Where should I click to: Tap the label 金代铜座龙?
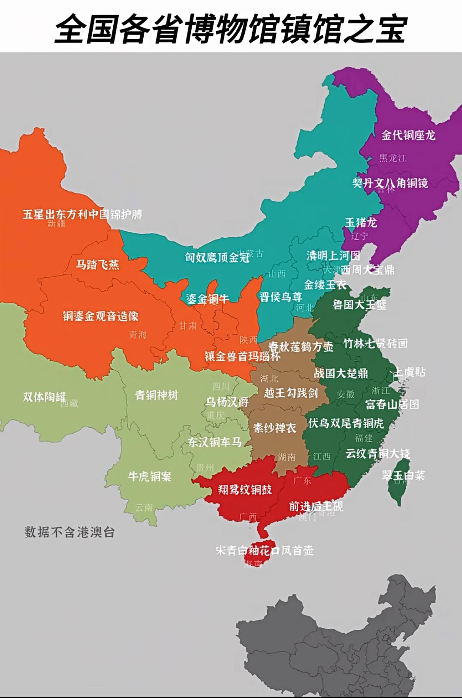point(408,135)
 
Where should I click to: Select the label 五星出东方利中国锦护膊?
point(82,214)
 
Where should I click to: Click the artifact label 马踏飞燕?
point(97,264)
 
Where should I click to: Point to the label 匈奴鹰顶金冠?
point(217,258)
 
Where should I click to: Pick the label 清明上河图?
point(333,256)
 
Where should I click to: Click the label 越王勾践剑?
point(291,393)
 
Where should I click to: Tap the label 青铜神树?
point(156,395)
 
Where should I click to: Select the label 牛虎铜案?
point(149,476)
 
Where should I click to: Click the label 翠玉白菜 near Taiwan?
point(403,475)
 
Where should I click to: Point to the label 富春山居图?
point(392,404)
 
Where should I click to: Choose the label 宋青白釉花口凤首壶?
point(264,551)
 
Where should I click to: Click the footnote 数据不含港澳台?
point(70,532)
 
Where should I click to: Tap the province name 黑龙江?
point(393,158)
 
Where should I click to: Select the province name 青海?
point(138,335)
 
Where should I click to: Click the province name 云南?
point(144,507)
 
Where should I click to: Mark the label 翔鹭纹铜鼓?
point(245,490)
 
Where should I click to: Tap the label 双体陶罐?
point(44,396)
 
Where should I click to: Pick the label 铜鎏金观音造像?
point(101,316)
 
